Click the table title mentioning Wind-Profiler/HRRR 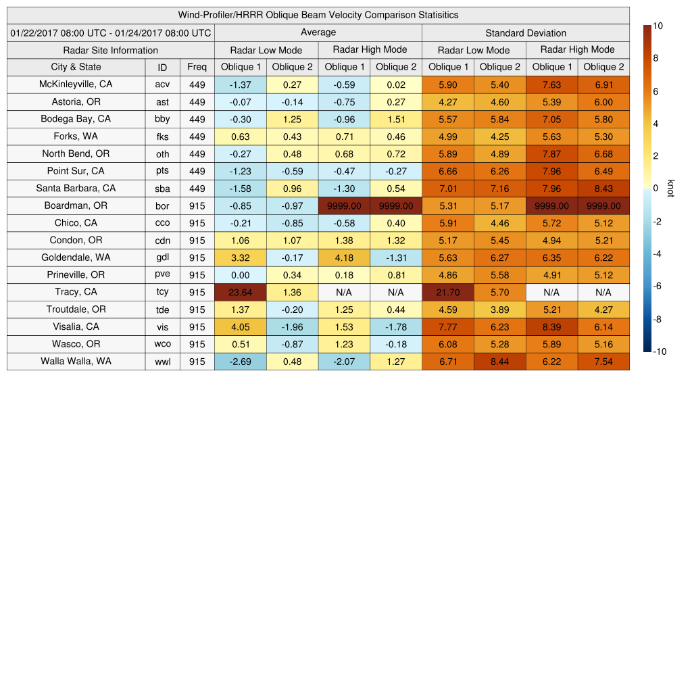318,15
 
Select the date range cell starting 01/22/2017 111,32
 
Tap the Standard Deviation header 526,32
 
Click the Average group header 318,32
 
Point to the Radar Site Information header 110,50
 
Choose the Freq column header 197,67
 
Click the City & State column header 76,67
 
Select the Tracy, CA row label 76,292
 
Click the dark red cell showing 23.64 241,292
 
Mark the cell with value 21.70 447,292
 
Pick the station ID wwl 162,362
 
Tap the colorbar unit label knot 671,189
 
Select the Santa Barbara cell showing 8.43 603,188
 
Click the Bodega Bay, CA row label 76,119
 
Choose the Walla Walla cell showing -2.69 241,362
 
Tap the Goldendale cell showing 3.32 241,257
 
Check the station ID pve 162,275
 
